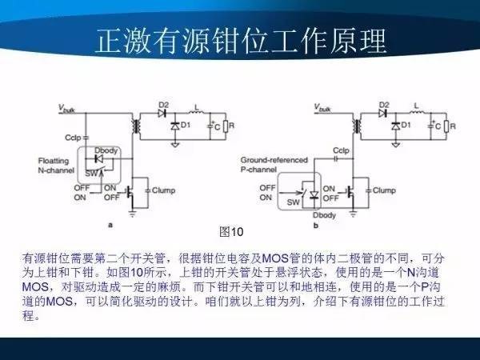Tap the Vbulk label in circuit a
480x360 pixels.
(67, 107)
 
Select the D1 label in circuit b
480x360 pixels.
(406, 126)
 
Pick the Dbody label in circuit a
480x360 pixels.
(103, 150)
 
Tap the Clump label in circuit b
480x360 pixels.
(384, 190)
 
